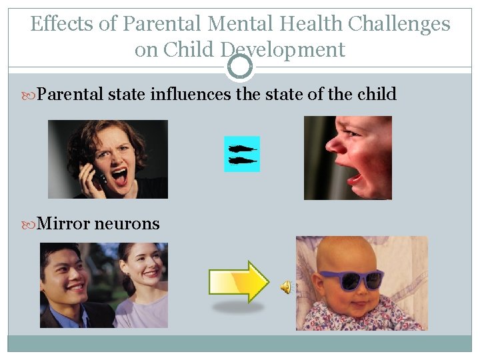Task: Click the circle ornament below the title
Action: (240, 67)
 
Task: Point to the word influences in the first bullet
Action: (191, 94)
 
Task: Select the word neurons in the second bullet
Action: (127, 223)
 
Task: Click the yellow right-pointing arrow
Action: (239, 281)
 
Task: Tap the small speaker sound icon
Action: (285, 287)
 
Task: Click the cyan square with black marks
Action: (241, 154)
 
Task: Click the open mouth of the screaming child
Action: (354, 177)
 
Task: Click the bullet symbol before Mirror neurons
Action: (31, 224)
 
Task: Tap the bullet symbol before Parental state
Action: (31, 95)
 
